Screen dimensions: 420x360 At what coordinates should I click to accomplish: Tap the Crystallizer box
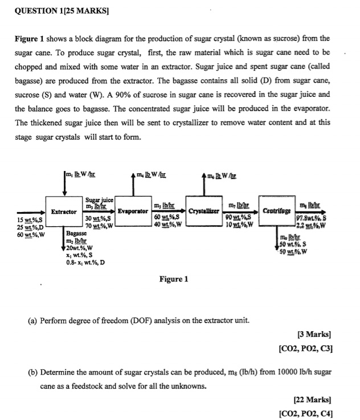click(204, 212)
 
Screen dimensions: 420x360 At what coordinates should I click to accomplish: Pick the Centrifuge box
click(276, 212)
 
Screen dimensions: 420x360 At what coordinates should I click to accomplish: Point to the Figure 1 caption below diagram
click(175, 279)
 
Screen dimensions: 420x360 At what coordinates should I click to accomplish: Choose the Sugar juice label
click(100, 199)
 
